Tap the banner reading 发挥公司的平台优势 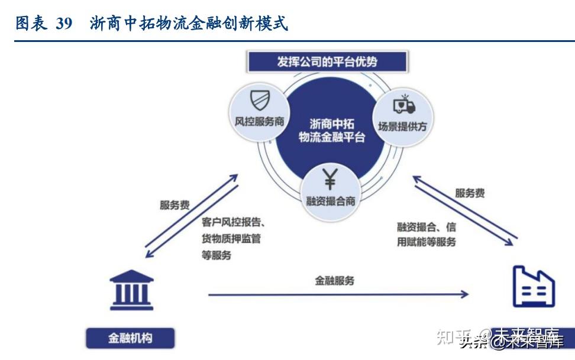coord(327,61)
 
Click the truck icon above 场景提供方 coord(403,105)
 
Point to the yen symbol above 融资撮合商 coord(330,177)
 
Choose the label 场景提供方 coord(403,126)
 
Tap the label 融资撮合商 coord(330,200)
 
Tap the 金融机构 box coord(130,339)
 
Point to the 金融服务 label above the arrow coord(335,281)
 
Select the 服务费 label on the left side coord(175,206)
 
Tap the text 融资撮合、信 coord(426,227)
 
